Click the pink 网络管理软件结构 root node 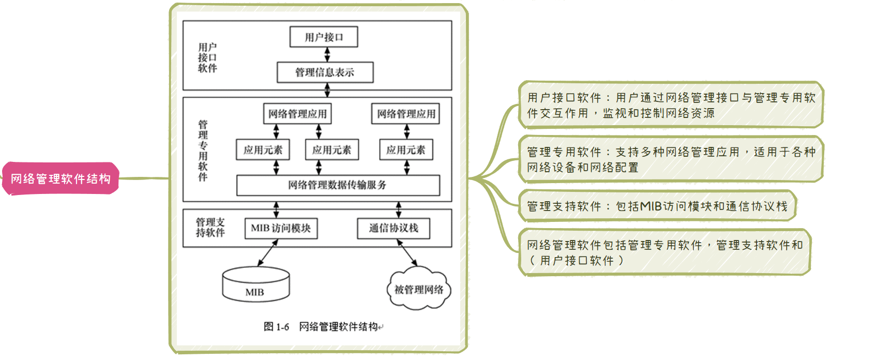(61, 179)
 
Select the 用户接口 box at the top (324, 37)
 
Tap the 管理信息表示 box (325, 72)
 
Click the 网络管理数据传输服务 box (338, 185)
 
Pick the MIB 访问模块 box (281, 228)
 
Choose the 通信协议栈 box (394, 228)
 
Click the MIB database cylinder (255, 284)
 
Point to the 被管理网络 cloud (419, 289)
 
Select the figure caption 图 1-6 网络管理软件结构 (322, 326)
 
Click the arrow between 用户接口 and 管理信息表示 (327, 55)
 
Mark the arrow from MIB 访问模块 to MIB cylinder (268, 253)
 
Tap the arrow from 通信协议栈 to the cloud (407, 253)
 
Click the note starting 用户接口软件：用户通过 (671, 105)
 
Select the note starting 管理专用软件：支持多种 (671, 159)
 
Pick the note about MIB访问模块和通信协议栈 (657, 206)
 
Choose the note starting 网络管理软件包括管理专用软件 (664, 252)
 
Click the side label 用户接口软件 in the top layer (207, 57)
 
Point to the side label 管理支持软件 (210, 228)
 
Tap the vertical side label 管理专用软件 (203, 151)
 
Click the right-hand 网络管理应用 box (406, 114)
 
